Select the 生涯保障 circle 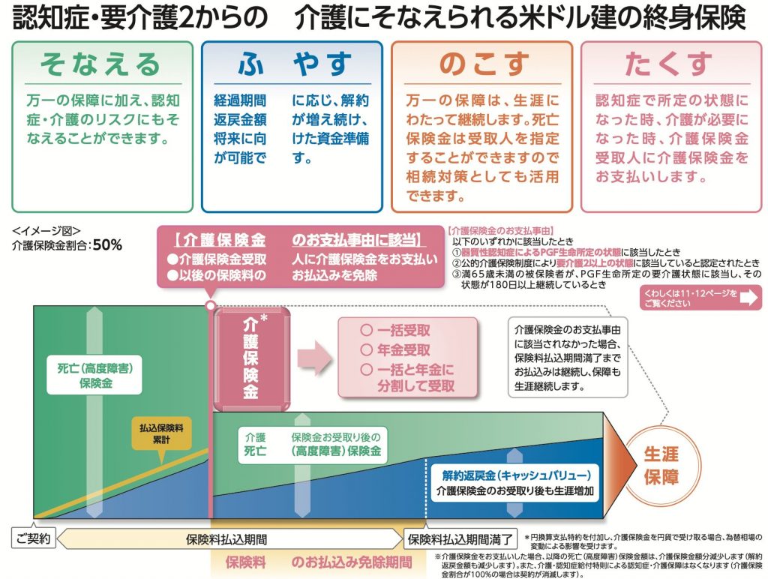pos(661,466)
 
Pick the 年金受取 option pos(395,349)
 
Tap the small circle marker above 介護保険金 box pos(211,305)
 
